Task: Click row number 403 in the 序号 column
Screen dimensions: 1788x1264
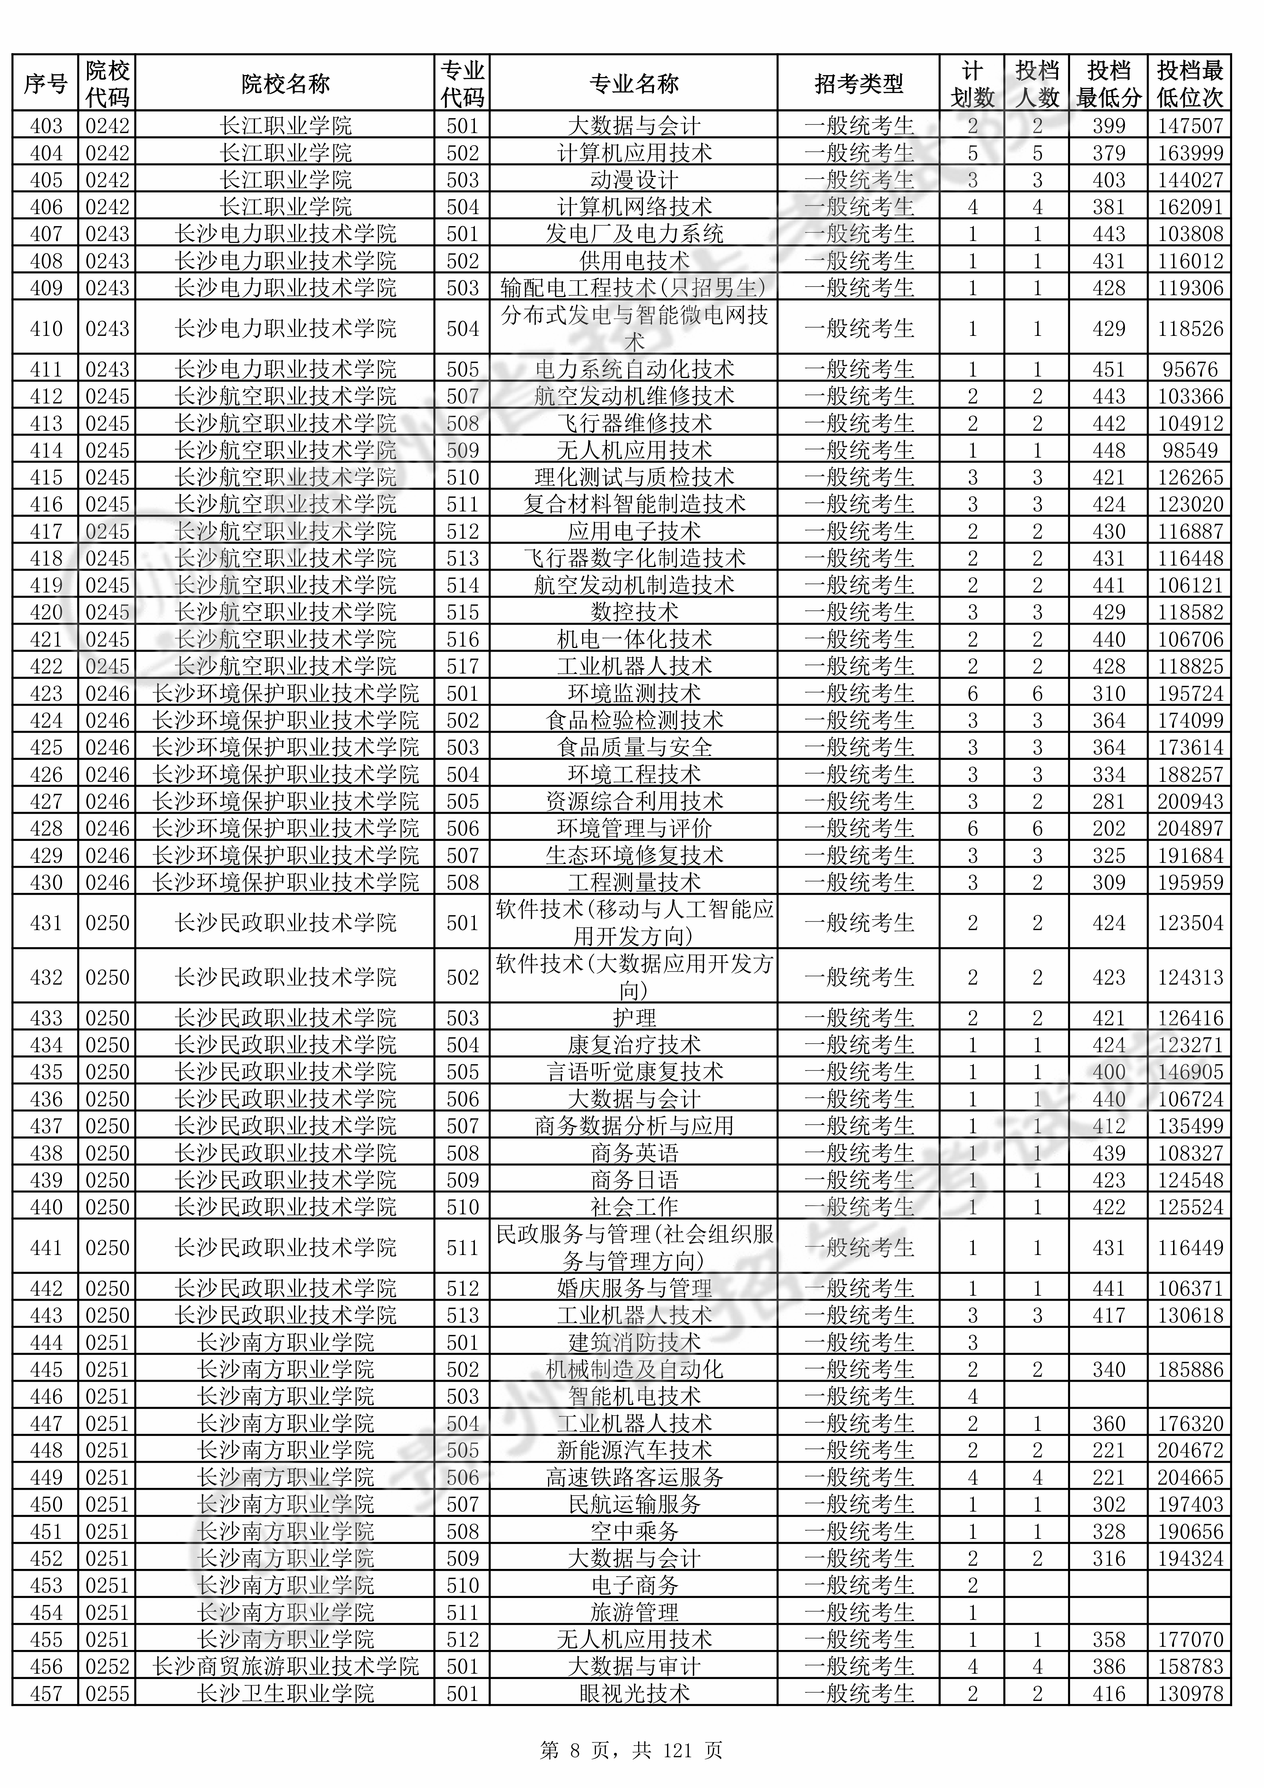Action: coord(46,125)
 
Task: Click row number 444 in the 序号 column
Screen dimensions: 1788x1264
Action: coord(46,1342)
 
